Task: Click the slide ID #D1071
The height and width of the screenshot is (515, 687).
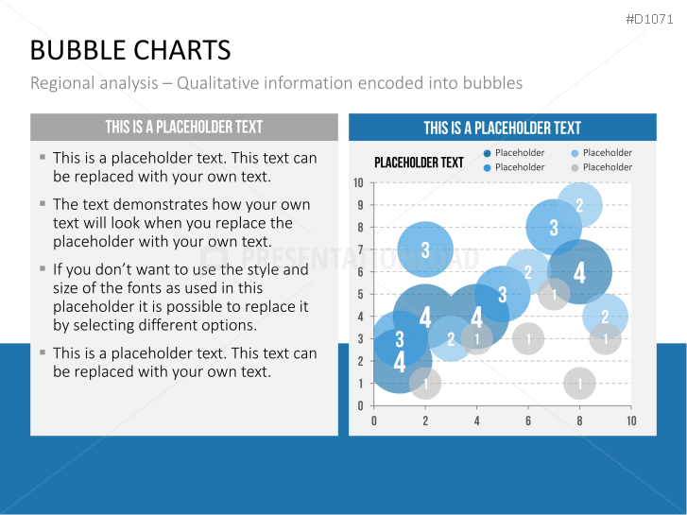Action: tap(649, 19)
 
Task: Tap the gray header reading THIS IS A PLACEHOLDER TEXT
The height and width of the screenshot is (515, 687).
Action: tap(184, 128)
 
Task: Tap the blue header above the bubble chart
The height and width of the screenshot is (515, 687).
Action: tap(503, 128)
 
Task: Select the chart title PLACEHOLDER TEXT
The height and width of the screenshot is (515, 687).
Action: tap(419, 163)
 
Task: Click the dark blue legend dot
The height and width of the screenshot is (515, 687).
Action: tap(487, 153)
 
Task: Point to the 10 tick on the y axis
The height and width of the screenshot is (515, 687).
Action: tap(358, 182)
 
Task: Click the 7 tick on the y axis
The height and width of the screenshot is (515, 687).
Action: tap(360, 249)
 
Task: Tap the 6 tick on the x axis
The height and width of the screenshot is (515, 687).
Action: tap(528, 421)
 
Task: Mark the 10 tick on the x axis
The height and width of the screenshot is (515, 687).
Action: tap(631, 421)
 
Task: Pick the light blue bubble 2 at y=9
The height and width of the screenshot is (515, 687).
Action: tap(579, 205)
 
